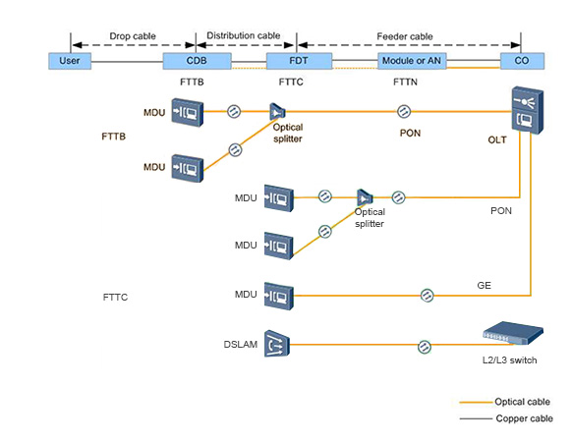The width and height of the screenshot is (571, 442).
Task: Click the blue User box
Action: click(70, 61)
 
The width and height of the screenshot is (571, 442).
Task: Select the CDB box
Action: click(197, 61)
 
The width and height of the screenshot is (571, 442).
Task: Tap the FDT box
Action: click(299, 61)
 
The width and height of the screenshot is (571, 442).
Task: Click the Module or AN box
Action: click(412, 61)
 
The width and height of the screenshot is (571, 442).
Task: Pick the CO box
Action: click(522, 61)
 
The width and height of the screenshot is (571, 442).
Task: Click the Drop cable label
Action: click(133, 36)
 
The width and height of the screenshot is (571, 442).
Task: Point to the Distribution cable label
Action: click(244, 35)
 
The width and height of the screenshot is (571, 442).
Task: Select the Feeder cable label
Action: click(405, 36)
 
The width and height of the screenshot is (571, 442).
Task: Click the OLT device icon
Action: click(528, 110)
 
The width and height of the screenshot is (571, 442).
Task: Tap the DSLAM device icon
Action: click(277, 344)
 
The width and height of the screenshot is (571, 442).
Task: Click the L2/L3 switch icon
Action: click(513, 333)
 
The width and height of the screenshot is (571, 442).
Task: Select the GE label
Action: click(484, 286)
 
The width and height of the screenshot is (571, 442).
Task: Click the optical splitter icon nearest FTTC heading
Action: click(277, 111)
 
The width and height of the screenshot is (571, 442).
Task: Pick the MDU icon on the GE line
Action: click(278, 296)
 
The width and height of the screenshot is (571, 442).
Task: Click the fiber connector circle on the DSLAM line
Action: click(425, 347)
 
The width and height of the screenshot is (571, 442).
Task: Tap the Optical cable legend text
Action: click(522, 402)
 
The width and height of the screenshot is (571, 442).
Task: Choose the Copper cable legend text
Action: click(525, 418)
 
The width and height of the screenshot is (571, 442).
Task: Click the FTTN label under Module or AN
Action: click(405, 82)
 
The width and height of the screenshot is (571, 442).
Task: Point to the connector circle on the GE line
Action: click(428, 296)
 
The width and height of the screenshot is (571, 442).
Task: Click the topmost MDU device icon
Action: click(187, 113)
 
